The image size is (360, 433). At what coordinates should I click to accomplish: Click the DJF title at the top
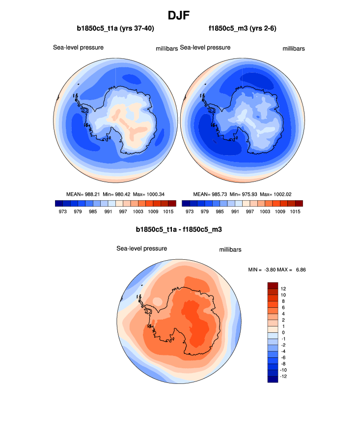180,15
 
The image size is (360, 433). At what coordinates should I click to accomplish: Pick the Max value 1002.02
282,194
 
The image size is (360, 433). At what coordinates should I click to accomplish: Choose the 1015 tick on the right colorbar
295,212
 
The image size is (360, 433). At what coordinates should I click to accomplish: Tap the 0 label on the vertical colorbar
282,332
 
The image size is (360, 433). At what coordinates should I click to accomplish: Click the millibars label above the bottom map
230,250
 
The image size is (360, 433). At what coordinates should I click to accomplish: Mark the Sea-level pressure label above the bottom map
141,248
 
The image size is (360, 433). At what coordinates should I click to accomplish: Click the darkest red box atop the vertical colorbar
273,285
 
